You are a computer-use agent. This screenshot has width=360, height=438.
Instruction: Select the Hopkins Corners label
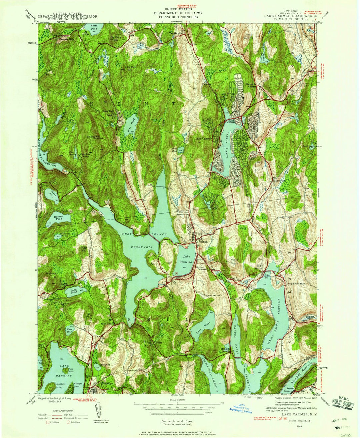pyautogui.click(x=226, y=347)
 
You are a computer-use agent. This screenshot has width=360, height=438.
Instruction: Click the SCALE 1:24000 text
pyautogui.click(x=179, y=400)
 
